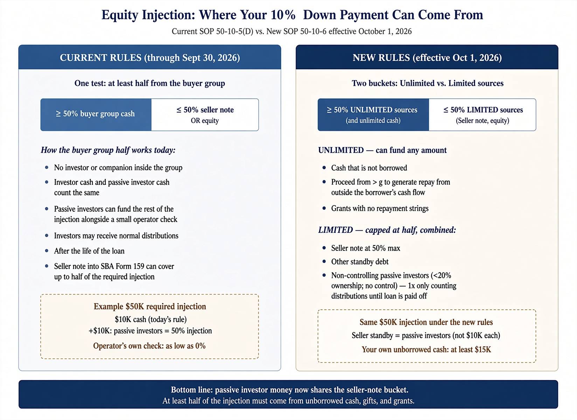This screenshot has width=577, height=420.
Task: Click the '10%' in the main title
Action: click(283, 15)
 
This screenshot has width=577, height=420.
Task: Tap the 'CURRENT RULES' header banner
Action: click(150, 57)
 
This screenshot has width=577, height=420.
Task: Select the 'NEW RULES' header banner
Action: click(427, 57)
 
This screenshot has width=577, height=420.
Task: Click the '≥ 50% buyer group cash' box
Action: click(96, 114)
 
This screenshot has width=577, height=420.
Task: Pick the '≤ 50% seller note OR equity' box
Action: click(205, 114)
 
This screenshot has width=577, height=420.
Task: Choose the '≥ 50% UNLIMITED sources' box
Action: click(373, 114)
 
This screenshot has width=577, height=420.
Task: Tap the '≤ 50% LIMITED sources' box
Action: click(482, 114)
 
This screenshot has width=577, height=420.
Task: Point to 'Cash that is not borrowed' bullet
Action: click(369, 168)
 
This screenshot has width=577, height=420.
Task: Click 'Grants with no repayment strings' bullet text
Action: click(380, 208)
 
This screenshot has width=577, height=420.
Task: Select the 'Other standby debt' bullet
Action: click(360, 262)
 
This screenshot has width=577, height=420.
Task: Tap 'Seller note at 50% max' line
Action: click(366, 248)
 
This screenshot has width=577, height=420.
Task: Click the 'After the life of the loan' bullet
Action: click(89, 251)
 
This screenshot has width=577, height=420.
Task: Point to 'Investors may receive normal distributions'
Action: click(116, 236)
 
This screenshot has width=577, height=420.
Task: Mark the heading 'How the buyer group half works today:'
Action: click(108, 150)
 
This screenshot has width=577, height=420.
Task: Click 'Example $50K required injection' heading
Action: click(150, 307)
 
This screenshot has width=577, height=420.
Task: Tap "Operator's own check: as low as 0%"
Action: click(150, 345)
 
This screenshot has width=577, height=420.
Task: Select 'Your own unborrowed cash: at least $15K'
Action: click(426, 349)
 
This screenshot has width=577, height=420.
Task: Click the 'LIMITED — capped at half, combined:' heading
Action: click(387, 230)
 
